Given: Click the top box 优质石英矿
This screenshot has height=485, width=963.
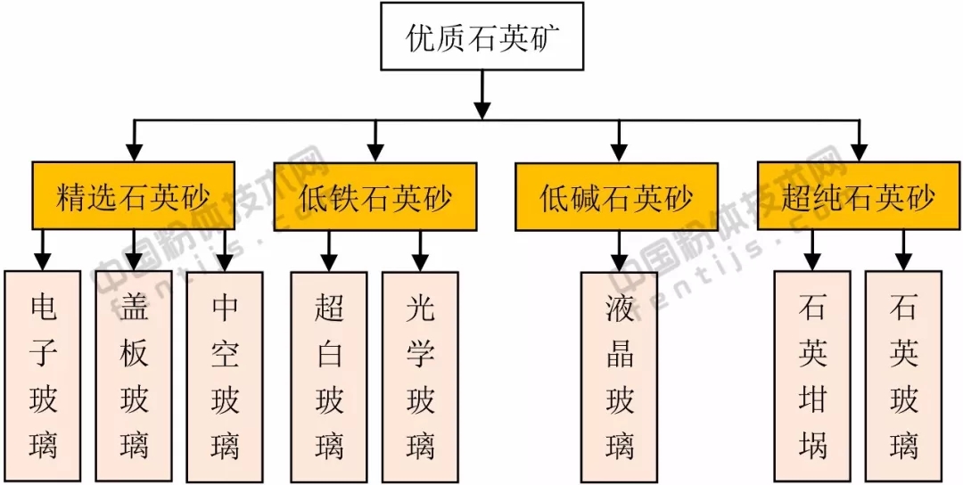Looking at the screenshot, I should tap(482, 36).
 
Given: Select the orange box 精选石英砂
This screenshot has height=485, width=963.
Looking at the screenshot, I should tap(134, 196).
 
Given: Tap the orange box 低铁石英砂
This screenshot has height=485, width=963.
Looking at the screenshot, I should tap(375, 196).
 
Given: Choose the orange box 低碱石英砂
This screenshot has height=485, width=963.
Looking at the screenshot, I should tap(617, 196).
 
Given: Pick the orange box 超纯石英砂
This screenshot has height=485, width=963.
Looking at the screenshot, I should tap(859, 196).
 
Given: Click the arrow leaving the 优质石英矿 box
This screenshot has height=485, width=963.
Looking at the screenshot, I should tap(482, 94).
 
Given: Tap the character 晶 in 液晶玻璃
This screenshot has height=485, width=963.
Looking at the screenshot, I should tap(619, 354).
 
